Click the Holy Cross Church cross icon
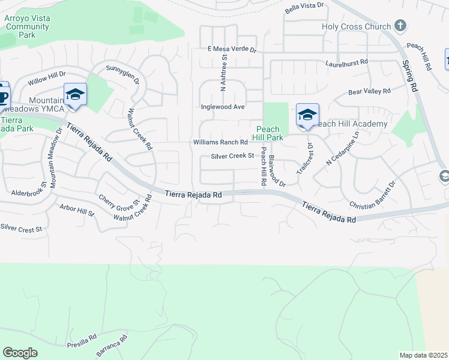[400, 26]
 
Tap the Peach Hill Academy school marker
[307, 115]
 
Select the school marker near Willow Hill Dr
[75, 94]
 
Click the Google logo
[20, 353]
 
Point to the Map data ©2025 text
[424, 355]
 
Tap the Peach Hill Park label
[268, 133]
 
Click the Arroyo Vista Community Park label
[27, 26]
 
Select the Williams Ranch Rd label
[220, 142]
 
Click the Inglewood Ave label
[222, 107]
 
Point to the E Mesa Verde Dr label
[232, 50]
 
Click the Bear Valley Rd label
[369, 92]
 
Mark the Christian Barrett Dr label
[373, 195]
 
